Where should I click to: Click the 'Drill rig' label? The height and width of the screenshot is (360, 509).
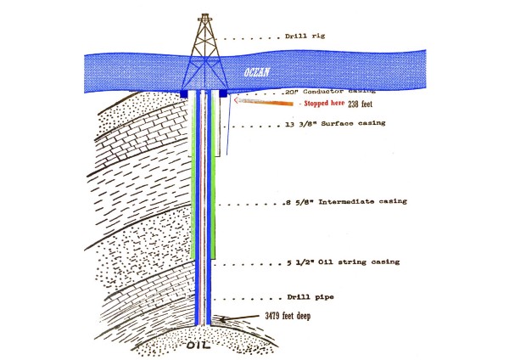coord(305,37)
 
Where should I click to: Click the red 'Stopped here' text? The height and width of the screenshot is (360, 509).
coord(322,104)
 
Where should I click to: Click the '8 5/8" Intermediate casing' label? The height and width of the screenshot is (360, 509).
coord(347,202)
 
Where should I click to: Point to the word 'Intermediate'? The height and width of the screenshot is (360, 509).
coord(343,202)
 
